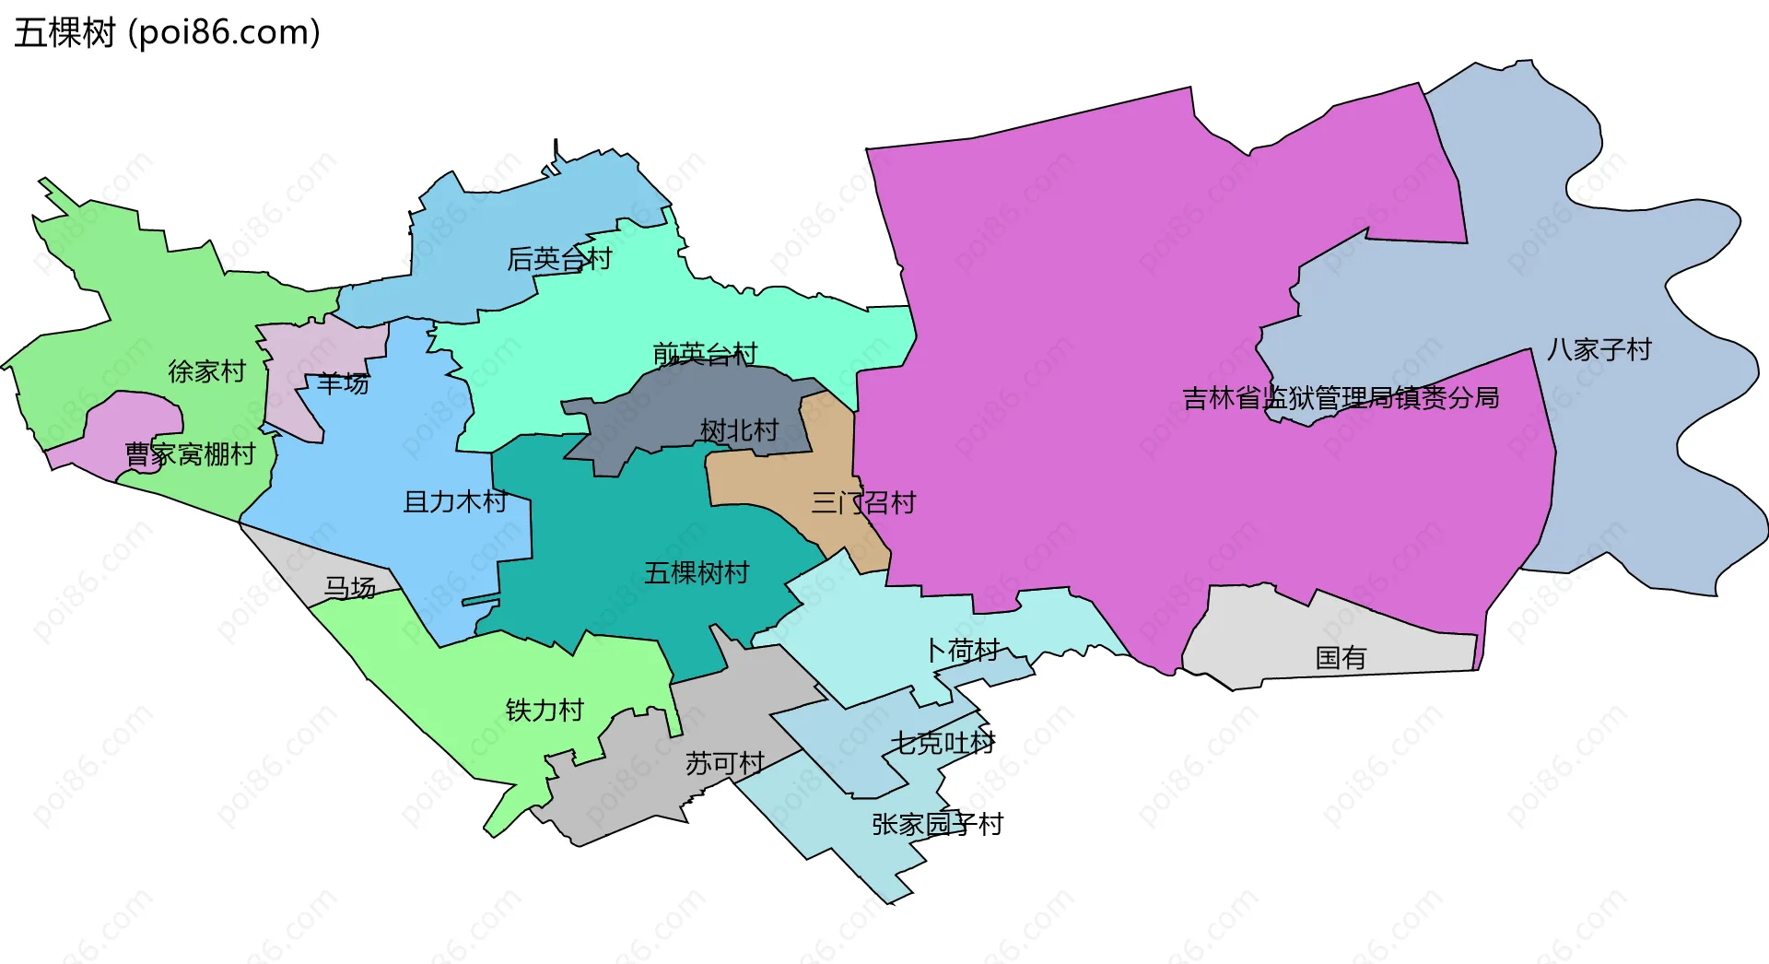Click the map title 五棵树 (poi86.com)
coord(167,32)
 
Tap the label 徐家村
coord(207,371)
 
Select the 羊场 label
coord(343,383)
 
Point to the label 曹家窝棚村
coord(190,454)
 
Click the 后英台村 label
coord(559,259)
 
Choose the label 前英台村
coord(705,354)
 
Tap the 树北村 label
coord(739,430)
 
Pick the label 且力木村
coord(455,502)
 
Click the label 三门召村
coord(863,503)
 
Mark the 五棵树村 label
coord(697,573)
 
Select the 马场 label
coord(350,588)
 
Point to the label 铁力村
coord(545,711)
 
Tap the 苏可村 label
coord(725,763)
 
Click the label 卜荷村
coord(963,651)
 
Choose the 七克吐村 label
coord(943,743)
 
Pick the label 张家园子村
coord(937,824)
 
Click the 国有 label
coord(1341,658)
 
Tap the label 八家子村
coord(1599,350)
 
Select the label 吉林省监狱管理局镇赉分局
coord(1341,398)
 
